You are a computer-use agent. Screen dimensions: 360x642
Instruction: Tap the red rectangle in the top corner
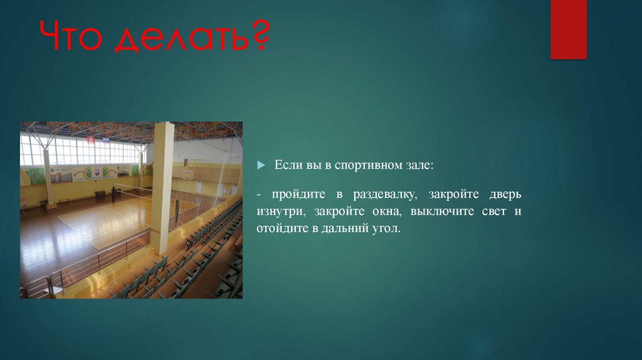coord(568,29)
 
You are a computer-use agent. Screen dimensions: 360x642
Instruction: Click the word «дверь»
coord(503,195)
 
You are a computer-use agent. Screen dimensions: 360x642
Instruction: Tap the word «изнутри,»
coord(280,212)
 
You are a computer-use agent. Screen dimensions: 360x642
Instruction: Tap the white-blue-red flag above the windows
coord(105,139)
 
